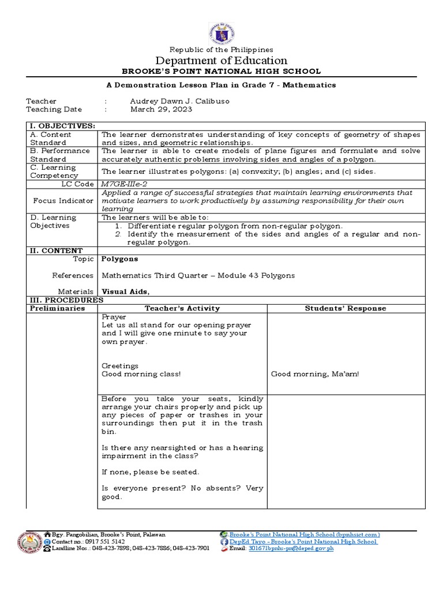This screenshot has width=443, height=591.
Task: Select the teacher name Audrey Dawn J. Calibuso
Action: click(179, 101)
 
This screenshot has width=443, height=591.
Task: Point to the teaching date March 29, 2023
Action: click(161, 109)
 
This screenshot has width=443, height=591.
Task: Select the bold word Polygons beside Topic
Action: click(120, 259)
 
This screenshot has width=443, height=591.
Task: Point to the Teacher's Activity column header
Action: click(182, 308)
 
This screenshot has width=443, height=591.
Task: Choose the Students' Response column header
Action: click(346, 308)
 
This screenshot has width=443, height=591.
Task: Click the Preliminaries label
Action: click(57, 308)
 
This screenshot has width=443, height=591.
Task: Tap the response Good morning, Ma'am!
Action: click(315, 374)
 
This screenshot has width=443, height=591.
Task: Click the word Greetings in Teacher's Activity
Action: click(120, 366)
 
